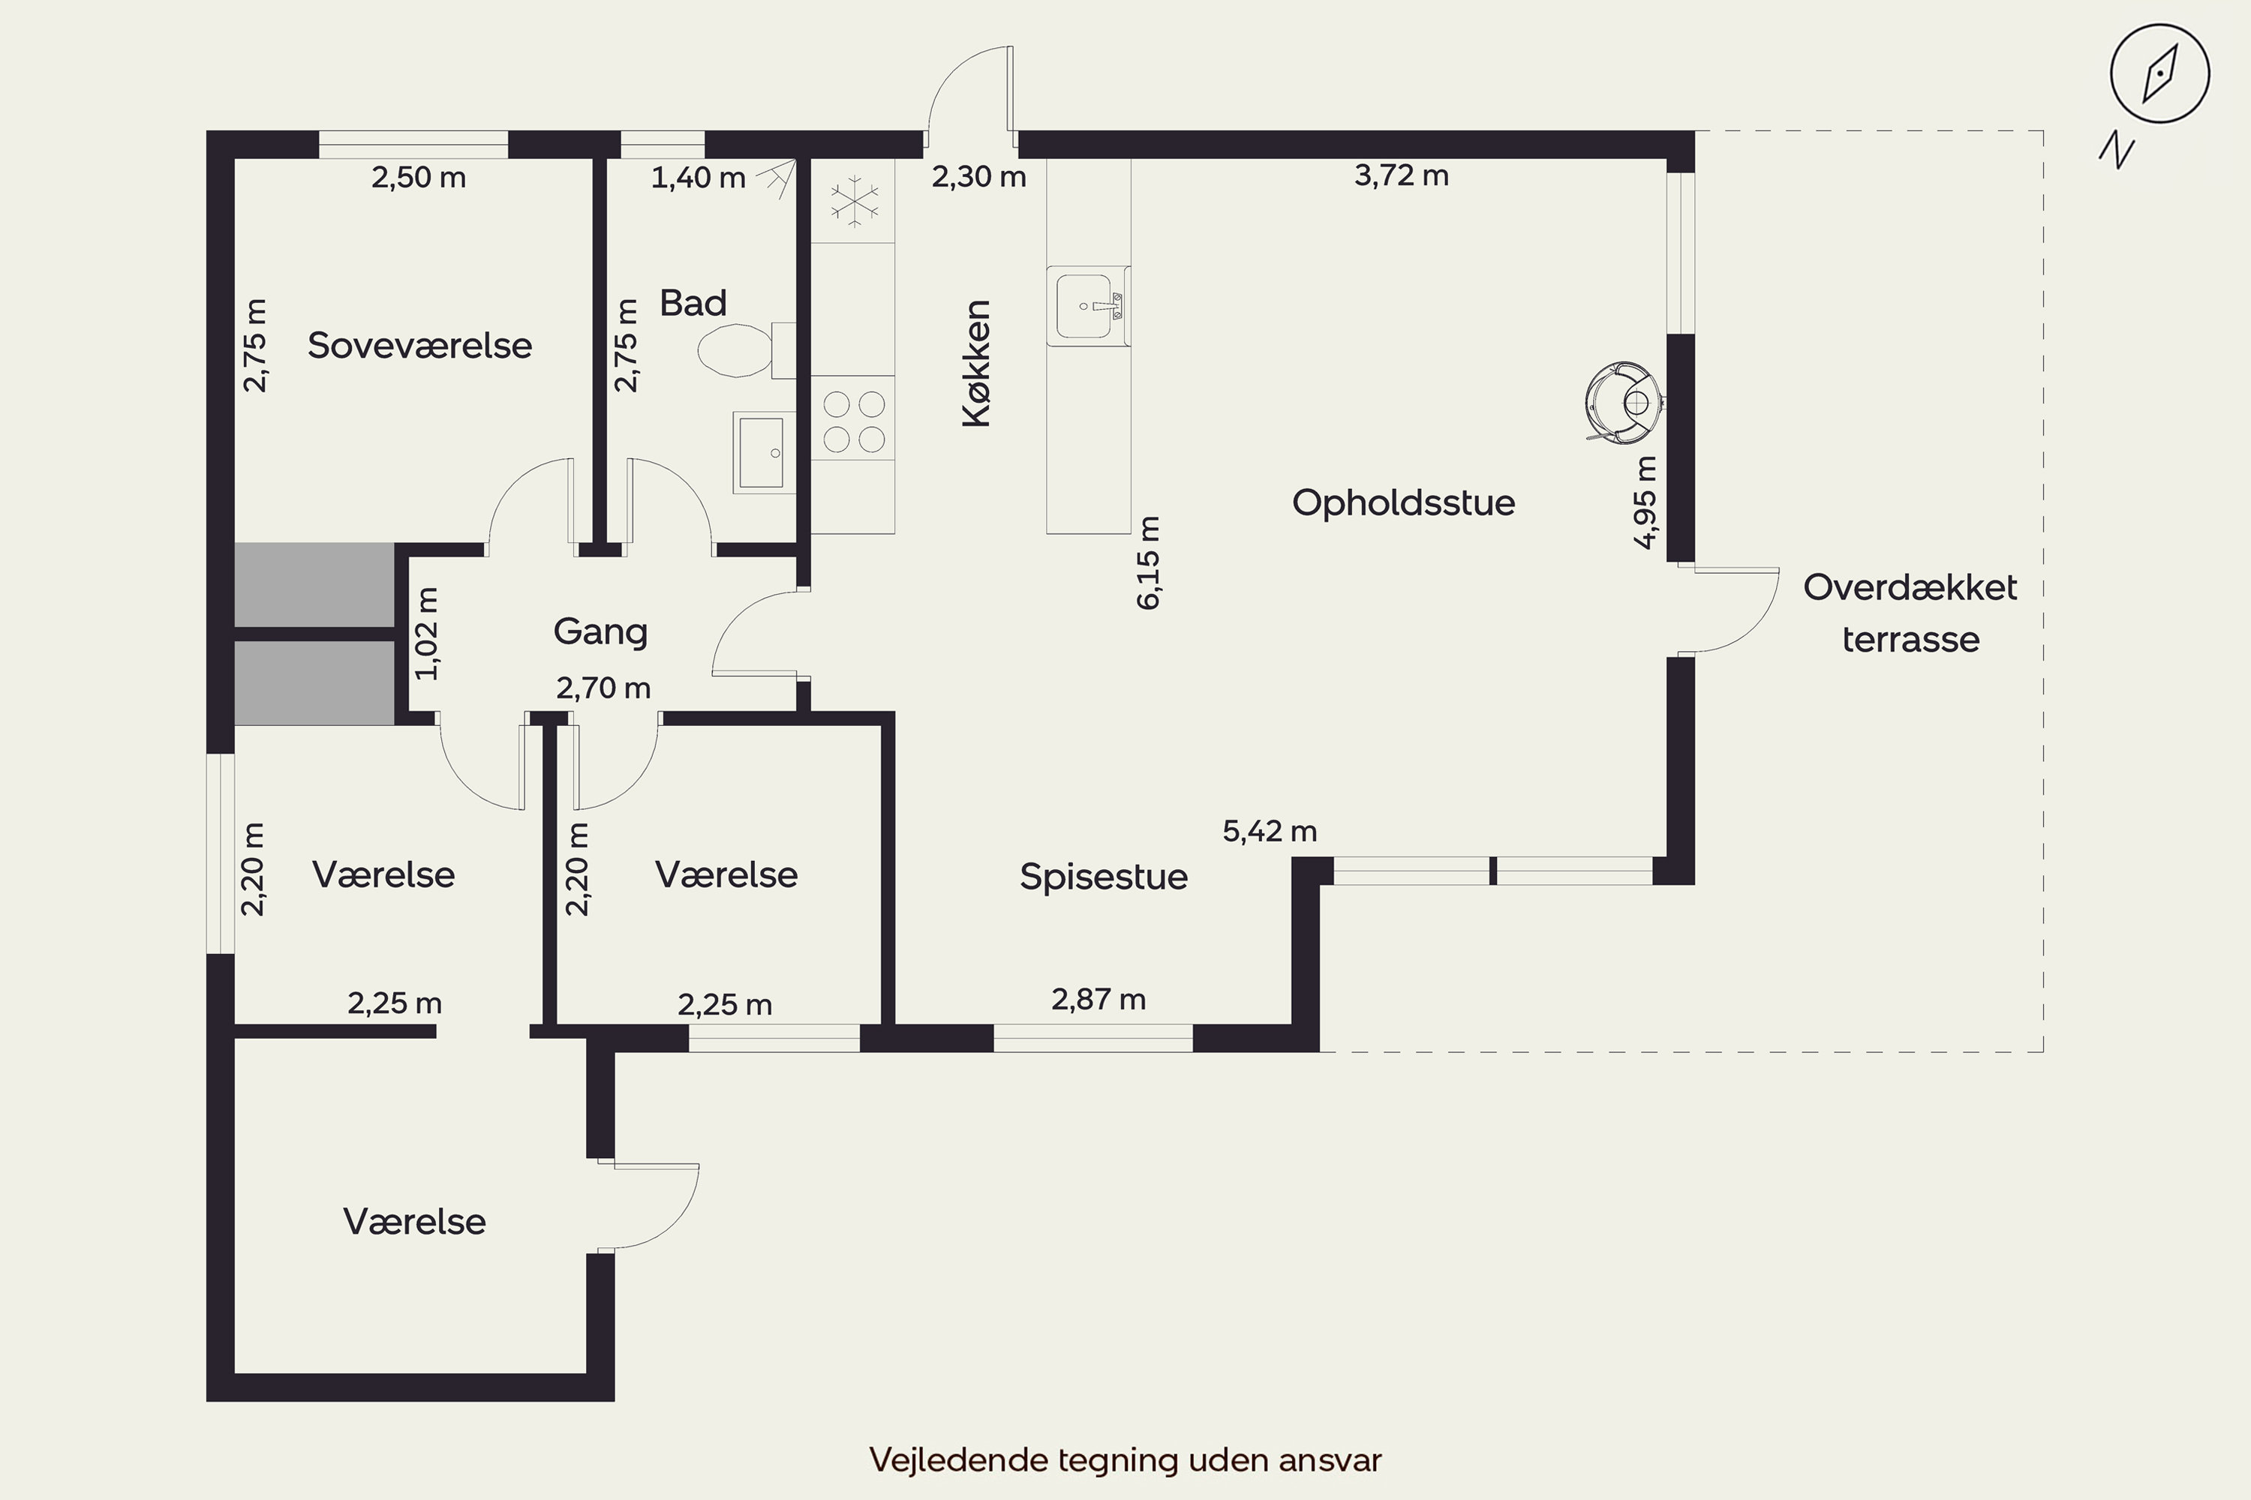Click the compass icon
2160,74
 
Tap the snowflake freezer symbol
854,201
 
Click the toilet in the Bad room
747,350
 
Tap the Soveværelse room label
419,345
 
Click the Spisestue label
1104,876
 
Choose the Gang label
600,631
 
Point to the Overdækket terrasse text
1910,613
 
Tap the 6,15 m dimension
1149,562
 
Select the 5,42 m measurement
1270,831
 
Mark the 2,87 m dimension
1098,1000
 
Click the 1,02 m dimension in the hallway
427,633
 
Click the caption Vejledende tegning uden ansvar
1125,1459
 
